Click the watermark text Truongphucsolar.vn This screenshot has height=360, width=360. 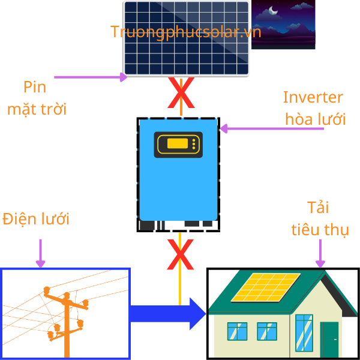click(x=185, y=32)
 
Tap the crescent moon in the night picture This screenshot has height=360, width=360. click(x=273, y=10)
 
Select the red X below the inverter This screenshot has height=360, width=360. click(x=180, y=255)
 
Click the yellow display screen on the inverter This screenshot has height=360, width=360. click(x=178, y=143)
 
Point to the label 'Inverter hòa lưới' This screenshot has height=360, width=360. click(x=314, y=108)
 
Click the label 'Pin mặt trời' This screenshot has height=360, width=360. click(x=36, y=98)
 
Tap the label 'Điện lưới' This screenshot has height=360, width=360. click(x=36, y=218)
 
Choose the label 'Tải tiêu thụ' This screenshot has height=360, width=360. click(x=320, y=219)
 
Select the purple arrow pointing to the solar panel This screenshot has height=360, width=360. click(x=91, y=77)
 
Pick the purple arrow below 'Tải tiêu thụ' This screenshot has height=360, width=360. click(x=320, y=252)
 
